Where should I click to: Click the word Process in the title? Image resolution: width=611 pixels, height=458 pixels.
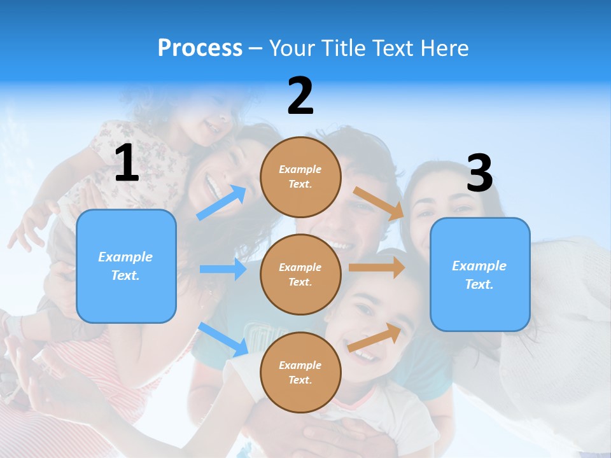point(200,48)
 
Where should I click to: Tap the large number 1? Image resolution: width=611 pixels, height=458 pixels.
point(127,163)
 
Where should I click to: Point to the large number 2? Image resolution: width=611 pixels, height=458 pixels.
point(300,97)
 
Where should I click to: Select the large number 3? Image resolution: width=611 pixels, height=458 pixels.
point(479,174)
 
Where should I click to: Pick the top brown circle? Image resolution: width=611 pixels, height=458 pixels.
point(300,176)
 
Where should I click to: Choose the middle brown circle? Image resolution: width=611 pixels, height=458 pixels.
point(300,274)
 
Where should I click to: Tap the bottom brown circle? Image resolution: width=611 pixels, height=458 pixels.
point(300,372)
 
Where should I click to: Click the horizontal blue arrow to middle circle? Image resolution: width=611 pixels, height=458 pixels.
point(223,269)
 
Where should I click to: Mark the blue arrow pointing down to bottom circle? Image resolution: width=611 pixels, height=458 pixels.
point(223,338)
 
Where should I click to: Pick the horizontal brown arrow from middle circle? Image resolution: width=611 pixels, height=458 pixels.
point(377,267)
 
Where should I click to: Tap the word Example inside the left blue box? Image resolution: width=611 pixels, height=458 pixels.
point(125,257)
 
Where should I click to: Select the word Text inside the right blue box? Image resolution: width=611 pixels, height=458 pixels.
point(479,284)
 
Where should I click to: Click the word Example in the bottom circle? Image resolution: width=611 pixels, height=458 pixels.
point(300,365)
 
